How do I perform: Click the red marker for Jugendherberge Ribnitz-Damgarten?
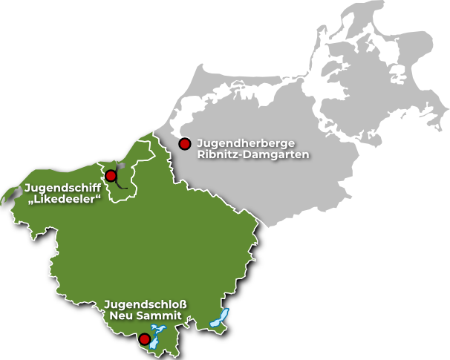pos(185,143)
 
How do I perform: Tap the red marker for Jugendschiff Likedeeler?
pos(111,176)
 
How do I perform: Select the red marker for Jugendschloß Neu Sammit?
pos(146,340)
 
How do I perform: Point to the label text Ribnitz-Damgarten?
pos(252,154)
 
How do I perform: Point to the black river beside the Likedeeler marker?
pos(120,178)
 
